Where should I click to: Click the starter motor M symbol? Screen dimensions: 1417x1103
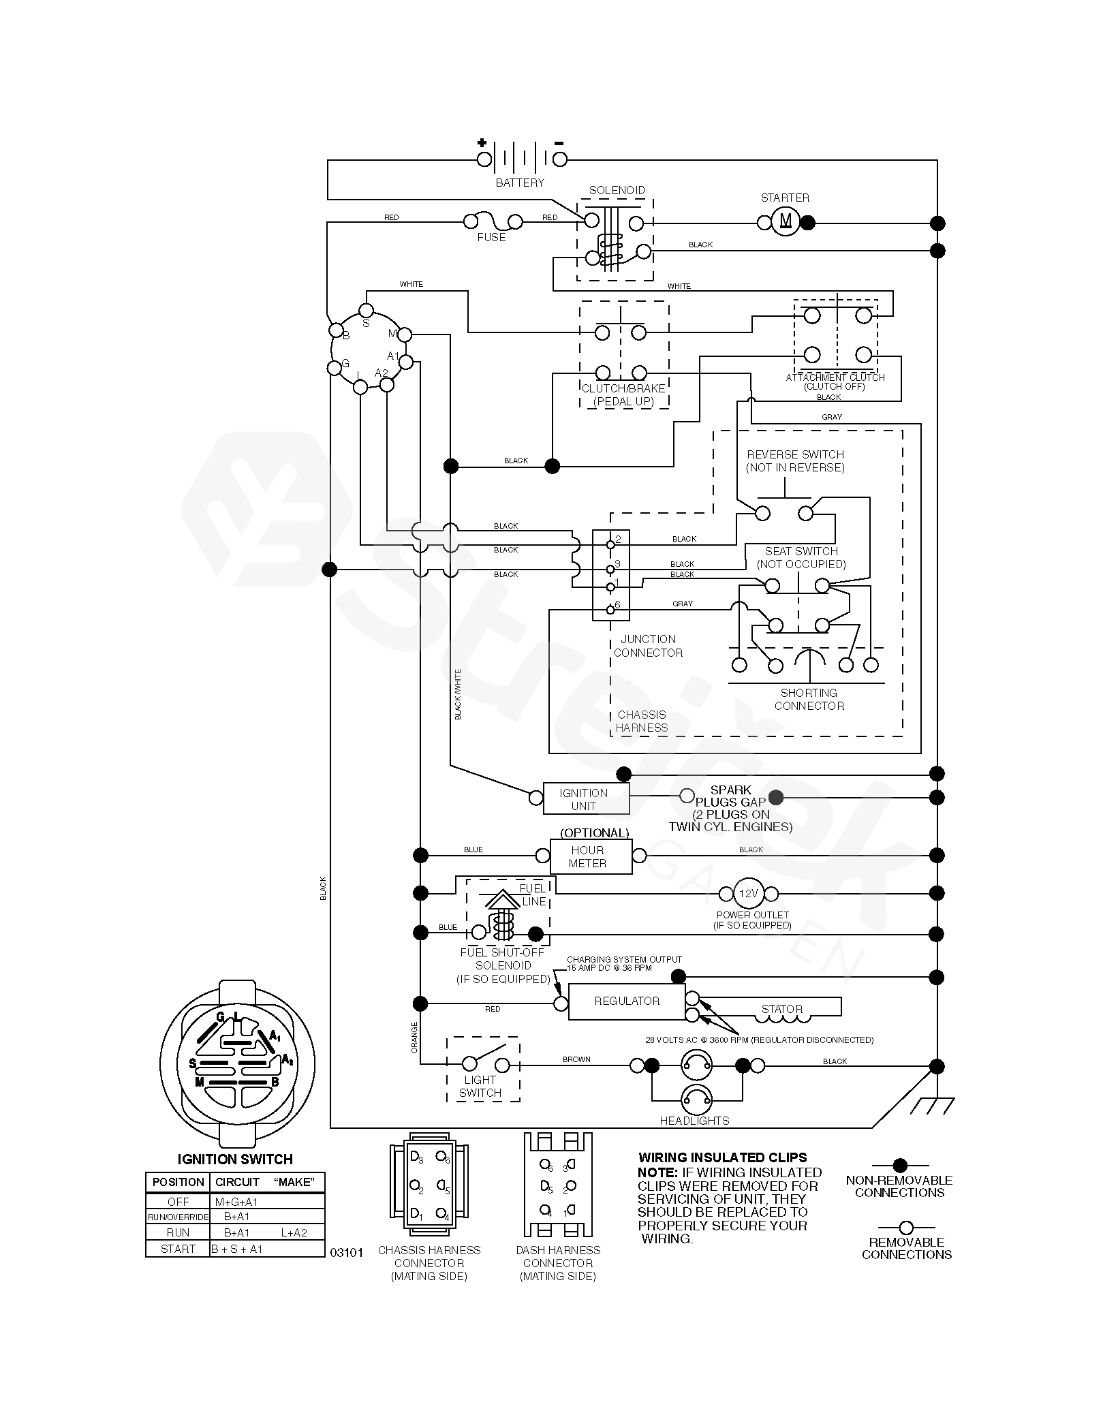(x=786, y=221)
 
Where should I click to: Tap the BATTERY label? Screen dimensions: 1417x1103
(x=520, y=183)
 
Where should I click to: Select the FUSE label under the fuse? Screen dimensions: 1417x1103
(x=491, y=237)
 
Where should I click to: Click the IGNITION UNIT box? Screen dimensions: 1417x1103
(x=585, y=798)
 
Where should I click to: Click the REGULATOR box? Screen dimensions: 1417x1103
(x=627, y=1001)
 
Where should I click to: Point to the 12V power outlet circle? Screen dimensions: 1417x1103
(x=748, y=893)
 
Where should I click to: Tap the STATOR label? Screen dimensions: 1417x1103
(x=782, y=1009)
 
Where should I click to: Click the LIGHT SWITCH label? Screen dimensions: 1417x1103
(x=480, y=1086)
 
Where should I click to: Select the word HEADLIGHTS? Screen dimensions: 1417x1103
(x=694, y=1121)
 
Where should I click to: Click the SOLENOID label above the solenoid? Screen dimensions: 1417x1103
(x=617, y=190)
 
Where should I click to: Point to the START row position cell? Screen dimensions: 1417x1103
(x=178, y=1249)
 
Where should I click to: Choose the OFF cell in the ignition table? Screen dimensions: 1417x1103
(x=178, y=1201)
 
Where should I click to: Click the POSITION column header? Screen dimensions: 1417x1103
(x=178, y=1182)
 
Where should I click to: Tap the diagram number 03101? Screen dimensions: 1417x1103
(x=347, y=1252)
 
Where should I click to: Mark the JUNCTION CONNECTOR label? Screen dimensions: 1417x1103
(x=648, y=646)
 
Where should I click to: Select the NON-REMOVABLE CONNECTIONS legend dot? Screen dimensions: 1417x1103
(x=900, y=1166)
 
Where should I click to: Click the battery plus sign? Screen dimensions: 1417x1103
(x=482, y=143)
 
